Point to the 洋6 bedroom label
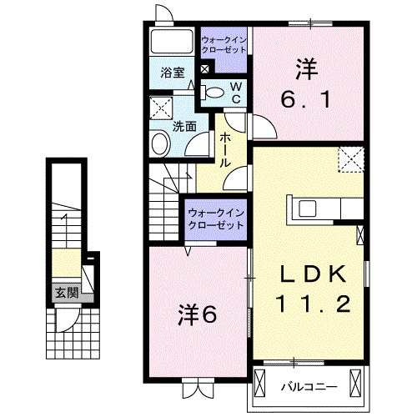pyautogui.click(x=198, y=315)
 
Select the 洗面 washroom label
pyautogui.click(x=183, y=127)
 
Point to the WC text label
pyautogui.click(x=235, y=92)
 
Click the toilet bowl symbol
pyautogui.click(x=214, y=93)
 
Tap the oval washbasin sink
pyautogui.click(x=160, y=144)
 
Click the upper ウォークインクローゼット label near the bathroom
pyautogui.click(x=224, y=43)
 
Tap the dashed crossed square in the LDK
pyautogui.click(x=351, y=158)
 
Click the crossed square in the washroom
pyautogui.click(x=160, y=108)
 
